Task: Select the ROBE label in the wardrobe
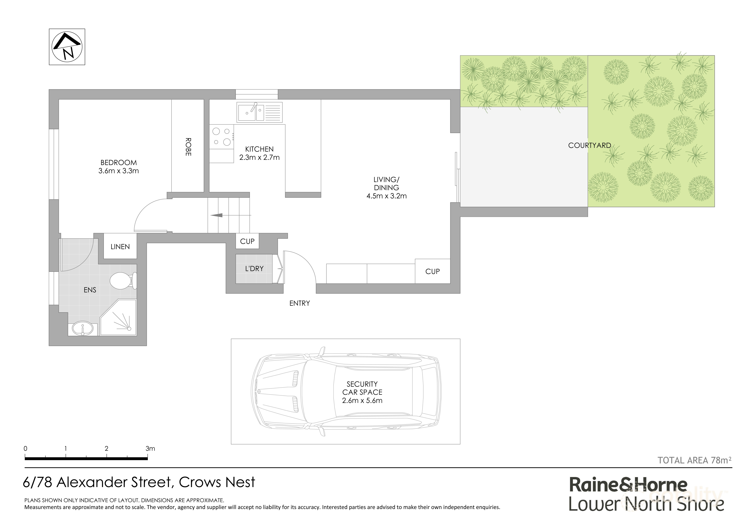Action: pos(188,147)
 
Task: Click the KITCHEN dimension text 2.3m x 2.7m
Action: pos(259,157)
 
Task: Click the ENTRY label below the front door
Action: pos(299,303)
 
